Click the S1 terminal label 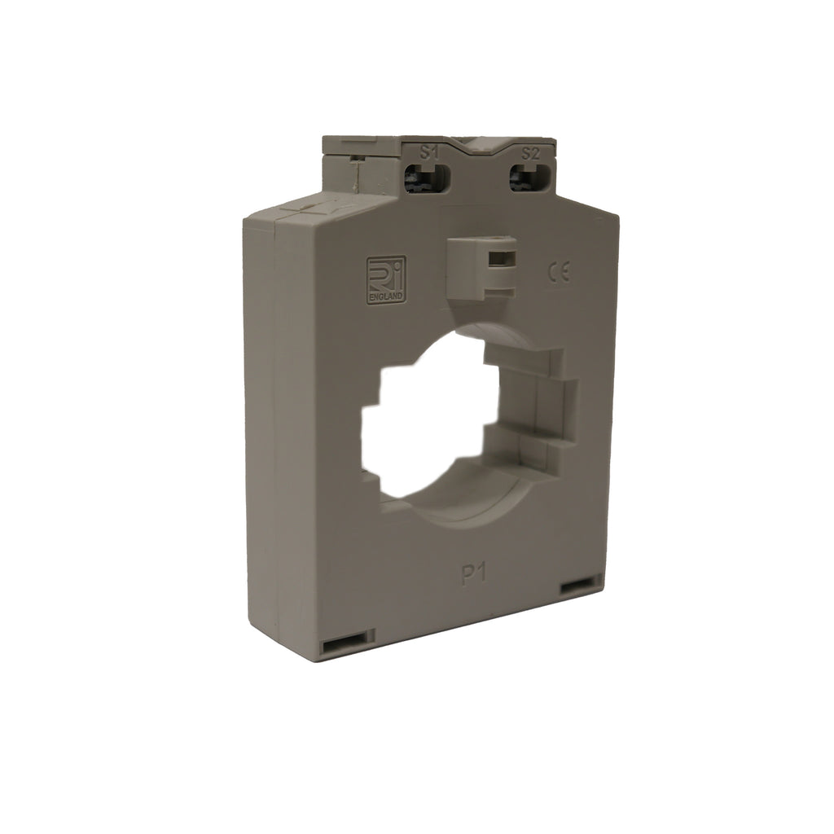[x=429, y=153]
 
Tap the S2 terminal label [x=530, y=154]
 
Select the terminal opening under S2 [x=532, y=178]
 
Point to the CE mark [x=559, y=273]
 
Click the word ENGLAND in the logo [x=385, y=296]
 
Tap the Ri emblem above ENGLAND [x=385, y=274]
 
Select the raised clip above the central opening [x=481, y=266]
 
